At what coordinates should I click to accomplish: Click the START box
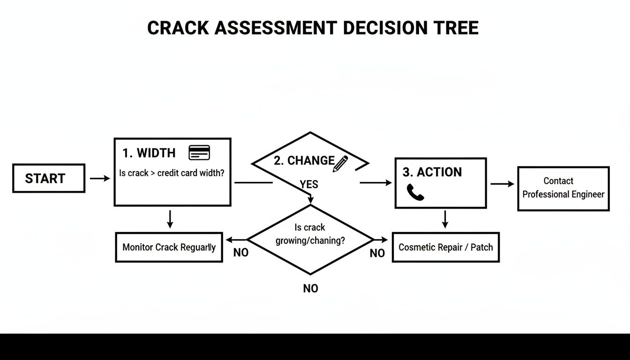coord(48,178)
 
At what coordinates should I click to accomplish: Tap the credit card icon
coord(199,152)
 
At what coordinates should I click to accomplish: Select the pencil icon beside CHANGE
coord(341,163)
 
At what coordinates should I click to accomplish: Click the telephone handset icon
coord(415,192)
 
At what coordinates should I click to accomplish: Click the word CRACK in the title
coord(178,28)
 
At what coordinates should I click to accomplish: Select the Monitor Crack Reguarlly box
coord(169,247)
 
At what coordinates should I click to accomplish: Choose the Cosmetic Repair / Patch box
coord(445,247)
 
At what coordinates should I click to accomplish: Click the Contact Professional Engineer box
coord(563,188)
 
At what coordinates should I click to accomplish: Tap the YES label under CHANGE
coord(309,185)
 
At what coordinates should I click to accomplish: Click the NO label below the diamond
coord(310,289)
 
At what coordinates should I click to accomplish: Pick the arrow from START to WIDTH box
coord(99,179)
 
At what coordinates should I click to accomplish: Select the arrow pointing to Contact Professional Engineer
coord(502,184)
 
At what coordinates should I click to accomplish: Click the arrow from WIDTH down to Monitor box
coord(170,219)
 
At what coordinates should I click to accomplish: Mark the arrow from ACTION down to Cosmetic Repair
coord(445,219)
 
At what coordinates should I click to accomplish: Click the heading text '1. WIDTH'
coord(149,153)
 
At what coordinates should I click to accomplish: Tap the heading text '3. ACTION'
coord(432,172)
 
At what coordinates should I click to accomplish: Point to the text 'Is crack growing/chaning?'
coord(310,234)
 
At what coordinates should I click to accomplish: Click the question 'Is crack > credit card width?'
coord(172,173)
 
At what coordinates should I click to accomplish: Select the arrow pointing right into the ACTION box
coord(375,183)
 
